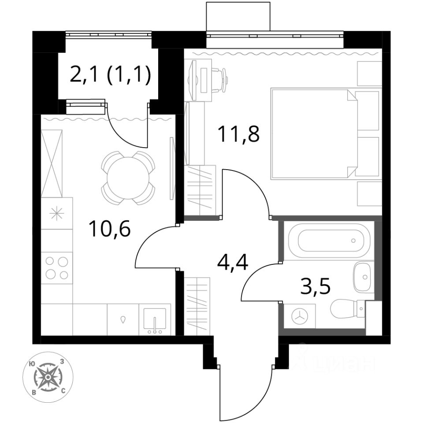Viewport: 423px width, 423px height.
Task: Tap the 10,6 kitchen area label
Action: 110,229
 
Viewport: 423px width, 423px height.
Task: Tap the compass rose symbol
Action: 48,377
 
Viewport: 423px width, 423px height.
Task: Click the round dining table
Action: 128,178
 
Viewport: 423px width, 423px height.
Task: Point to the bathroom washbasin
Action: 362,277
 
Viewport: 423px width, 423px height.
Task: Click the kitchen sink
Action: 155,319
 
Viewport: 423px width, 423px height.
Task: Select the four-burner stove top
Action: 57,268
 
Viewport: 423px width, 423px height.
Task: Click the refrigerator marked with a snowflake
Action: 57,214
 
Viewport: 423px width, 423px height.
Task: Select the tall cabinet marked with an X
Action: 52,163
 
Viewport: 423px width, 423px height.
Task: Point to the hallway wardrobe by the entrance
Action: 197,307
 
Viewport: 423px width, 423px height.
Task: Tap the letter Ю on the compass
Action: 33,364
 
